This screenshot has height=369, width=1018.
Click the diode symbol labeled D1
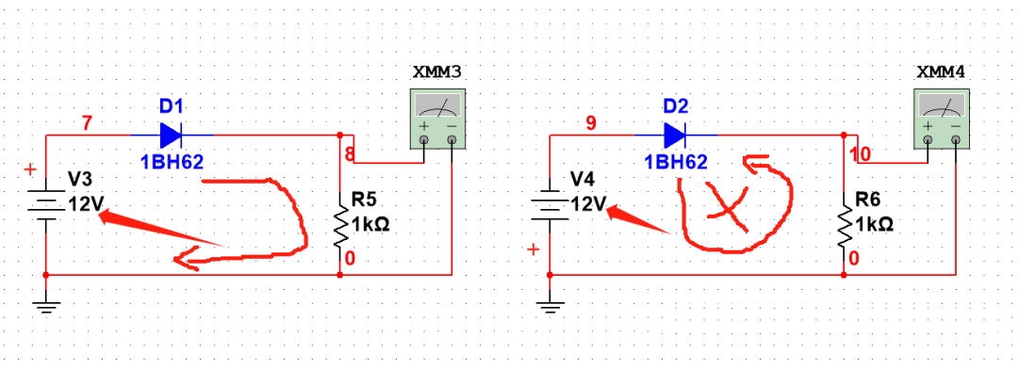pos(172,135)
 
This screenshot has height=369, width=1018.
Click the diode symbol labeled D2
pos(676,135)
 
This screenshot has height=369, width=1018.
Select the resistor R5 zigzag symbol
pos(340,223)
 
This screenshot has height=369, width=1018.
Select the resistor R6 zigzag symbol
pos(845,223)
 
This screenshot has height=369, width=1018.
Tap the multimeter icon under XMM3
pos(437,119)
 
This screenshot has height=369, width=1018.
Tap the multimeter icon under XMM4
pos(942,119)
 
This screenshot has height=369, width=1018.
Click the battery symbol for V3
pos(46,204)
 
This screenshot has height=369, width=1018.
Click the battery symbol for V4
pos(550,204)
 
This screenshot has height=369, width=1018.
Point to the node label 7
pos(88,122)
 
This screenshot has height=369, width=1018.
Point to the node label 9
pos(592,122)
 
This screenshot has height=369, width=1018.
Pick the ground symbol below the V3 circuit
pos(46,302)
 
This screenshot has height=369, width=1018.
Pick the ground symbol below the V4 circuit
pos(550,302)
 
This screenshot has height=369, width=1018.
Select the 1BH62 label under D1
pos(172,161)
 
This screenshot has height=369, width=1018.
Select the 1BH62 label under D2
pos(676,161)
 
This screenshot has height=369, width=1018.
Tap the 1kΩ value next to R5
pos(370,225)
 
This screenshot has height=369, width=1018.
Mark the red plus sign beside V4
pos(534,249)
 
